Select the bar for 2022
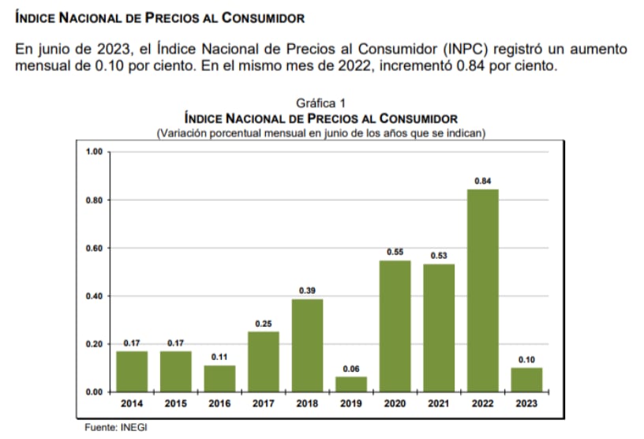(x=482, y=291)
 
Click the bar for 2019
(x=350, y=384)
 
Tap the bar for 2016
(x=219, y=378)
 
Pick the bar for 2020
(x=395, y=326)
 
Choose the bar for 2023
(x=526, y=380)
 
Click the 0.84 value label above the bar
(x=482, y=181)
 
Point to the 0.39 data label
(x=307, y=291)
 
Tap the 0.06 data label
(x=350, y=369)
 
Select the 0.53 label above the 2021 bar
(x=439, y=256)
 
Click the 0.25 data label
(x=264, y=324)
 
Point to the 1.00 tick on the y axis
(x=95, y=152)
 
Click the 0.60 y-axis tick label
(x=95, y=248)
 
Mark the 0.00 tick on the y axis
(x=95, y=392)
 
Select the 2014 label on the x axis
(x=131, y=403)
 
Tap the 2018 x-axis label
(x=307, y=403)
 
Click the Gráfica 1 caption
(x=320, y=103)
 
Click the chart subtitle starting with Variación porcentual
(x=320, y=132)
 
